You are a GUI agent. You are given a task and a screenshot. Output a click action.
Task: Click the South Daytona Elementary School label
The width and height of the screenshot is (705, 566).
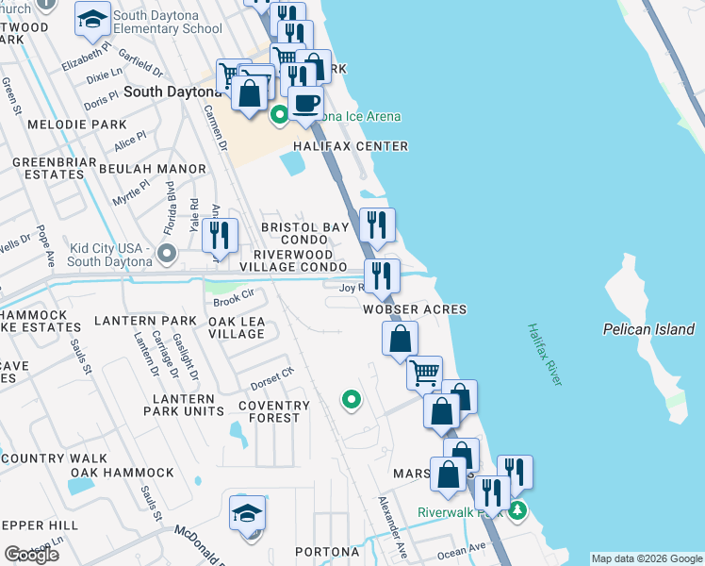[168, 23]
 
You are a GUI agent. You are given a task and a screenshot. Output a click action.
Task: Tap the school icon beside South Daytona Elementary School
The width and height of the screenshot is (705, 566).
[92, 20]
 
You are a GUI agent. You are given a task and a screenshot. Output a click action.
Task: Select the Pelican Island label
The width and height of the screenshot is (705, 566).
[648, 329]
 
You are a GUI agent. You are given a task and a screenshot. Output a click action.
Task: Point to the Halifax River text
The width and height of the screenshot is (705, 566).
[544, 354]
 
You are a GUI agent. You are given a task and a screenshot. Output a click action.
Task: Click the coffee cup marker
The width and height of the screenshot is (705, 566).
[306, 103]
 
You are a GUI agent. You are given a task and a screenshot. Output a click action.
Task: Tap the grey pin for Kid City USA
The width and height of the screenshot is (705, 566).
[168, 253]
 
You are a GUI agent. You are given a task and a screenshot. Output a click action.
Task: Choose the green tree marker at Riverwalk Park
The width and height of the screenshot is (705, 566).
[516, 511]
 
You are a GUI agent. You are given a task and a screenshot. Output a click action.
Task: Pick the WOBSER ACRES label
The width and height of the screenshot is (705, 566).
[415, 309]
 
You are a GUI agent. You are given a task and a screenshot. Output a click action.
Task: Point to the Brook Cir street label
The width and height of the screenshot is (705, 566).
[235, 302]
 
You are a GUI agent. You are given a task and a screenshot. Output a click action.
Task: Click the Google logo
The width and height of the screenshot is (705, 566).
[31, 555]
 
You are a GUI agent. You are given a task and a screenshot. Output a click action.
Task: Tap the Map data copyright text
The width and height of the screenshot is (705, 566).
[646, 558]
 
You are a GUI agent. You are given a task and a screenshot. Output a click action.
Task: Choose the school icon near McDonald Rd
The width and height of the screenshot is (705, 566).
[247, 514]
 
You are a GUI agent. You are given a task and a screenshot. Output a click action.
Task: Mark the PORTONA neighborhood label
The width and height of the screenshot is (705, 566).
[326, 552]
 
